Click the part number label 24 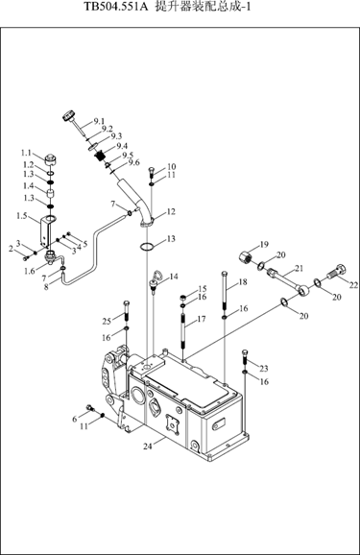pyautogui.click(x=148, y=446)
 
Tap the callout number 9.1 pyautogui.click(x=99, y=122)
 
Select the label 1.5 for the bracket pyautogui.click(x=21, y=215)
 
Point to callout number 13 pyautogui.click(x=171, y=239)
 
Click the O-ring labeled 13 pyautogui.click(x=147, y=247)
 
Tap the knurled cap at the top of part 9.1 pyautogui.click(x=69, y=116)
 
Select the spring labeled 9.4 pyautogui.click(x=102, y=156)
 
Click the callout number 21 pyautogui.click(x=300, y=269)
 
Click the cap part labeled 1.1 pyautogui.click(x=52, y=159)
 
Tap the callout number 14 pyautogui.click(x=174, y=277)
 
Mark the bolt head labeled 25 pyautogui.click(x=127, y=303)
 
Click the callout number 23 pyautogui.click(x=264, y=369)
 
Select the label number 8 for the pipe pyautogui.click(x=46, y=287)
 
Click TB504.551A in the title pyautogui.click(x=115, y=7)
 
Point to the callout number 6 pyautogui.click(x=74, y=419)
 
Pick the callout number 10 pyautogui.click(x=172, y=166)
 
